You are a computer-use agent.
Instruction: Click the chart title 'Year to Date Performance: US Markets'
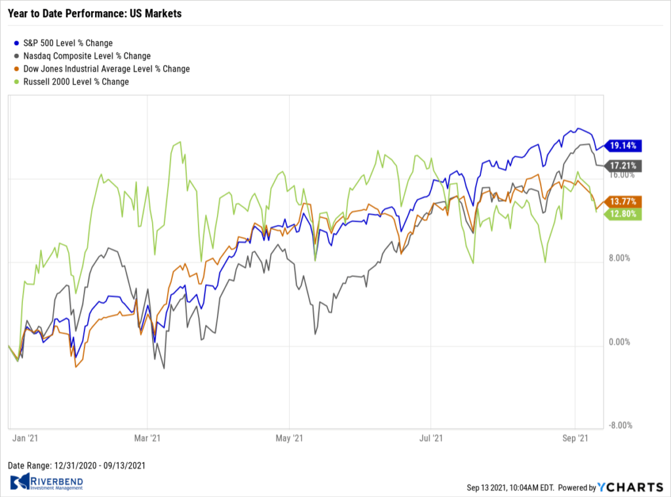94,13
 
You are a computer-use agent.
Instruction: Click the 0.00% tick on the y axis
619,342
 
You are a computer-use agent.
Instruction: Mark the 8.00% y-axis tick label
619,258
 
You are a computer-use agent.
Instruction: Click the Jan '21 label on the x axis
24,436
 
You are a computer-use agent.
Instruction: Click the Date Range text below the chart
76,466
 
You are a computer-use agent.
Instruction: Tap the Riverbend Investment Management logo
47,483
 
